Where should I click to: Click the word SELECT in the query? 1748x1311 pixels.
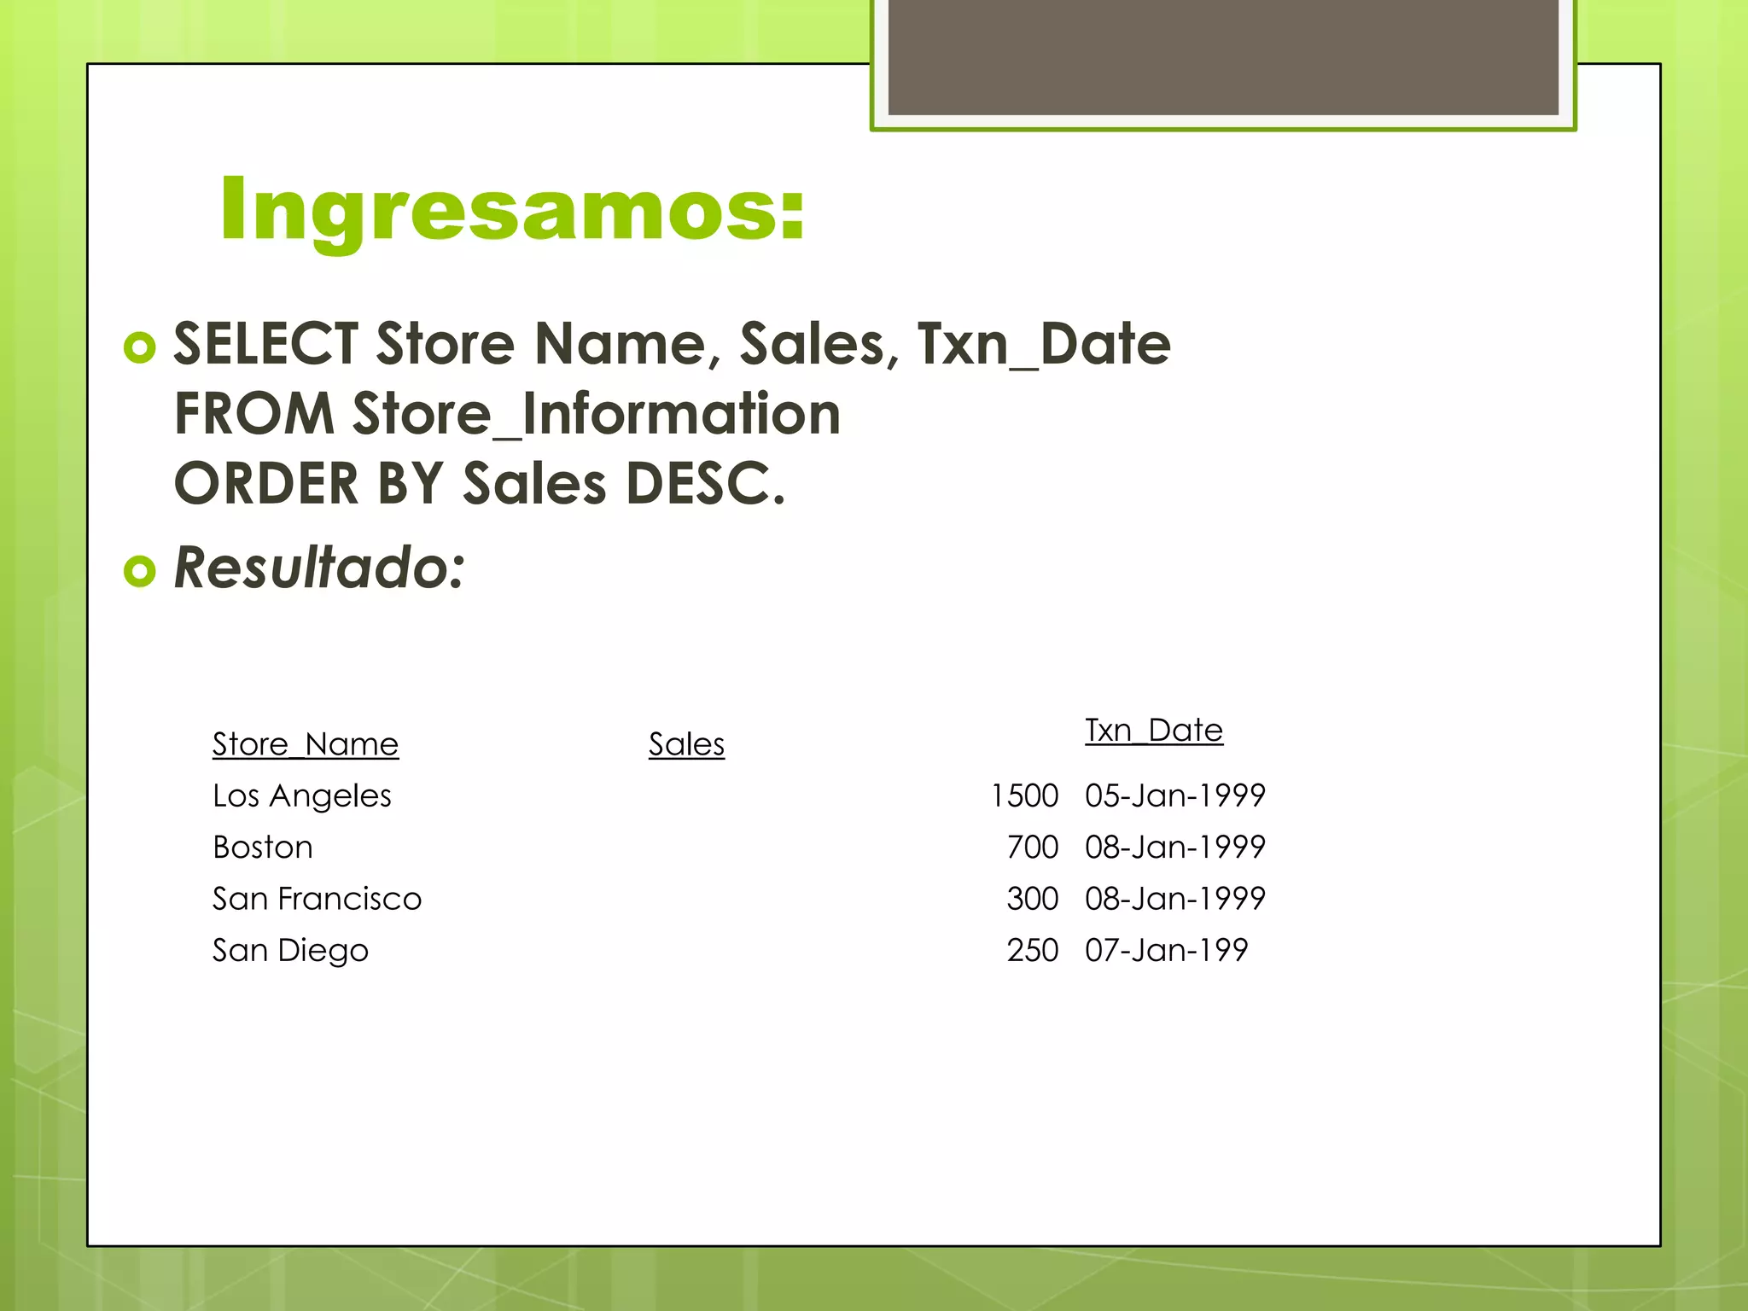[265, 344]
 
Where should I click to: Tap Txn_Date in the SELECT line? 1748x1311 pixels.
[1043, 344]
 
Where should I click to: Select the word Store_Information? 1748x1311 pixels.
[596, 414]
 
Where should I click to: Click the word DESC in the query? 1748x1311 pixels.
[703, 484]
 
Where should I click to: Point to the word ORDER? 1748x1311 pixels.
[265, 484]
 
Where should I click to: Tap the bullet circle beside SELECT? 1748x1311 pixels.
[140, 347]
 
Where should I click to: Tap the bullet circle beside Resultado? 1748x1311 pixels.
[140, 570]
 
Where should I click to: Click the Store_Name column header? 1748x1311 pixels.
[305, 744]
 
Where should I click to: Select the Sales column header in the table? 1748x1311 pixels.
[686, 744]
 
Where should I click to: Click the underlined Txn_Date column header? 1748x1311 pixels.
[1153, 731]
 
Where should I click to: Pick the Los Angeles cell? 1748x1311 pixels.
[301, 795]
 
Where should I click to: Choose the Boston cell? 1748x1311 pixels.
[262, 848]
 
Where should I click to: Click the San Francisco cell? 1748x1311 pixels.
[317, 899]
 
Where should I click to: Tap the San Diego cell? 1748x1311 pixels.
[290, 950]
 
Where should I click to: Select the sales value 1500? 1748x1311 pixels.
[1024, 795]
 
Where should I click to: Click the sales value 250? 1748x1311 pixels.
[1032, 950]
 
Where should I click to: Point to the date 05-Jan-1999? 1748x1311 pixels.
[1174, 795]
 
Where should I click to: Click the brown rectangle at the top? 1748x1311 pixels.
[1222, 55]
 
